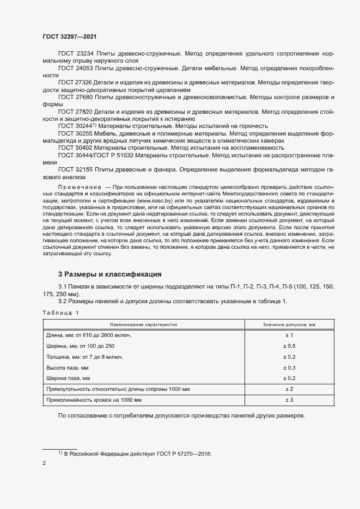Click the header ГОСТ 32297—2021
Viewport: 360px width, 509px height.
(70, 36)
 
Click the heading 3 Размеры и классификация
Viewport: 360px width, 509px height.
(109, 274)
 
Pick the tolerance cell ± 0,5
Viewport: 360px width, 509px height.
(289, 346)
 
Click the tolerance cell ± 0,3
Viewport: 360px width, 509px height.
(289, 367)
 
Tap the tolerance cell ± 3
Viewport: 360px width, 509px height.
(289, 400)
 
